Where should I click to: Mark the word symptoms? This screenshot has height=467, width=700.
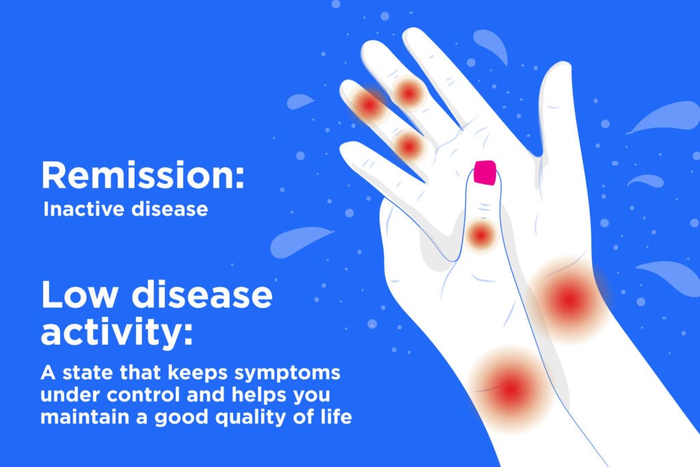[x=287, y=373]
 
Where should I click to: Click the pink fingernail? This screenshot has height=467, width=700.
[x=485, y=172]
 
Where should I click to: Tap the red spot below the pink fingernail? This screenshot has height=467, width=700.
[x=481, y=235]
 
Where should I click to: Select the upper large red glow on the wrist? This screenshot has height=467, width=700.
[x=569, y=299]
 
